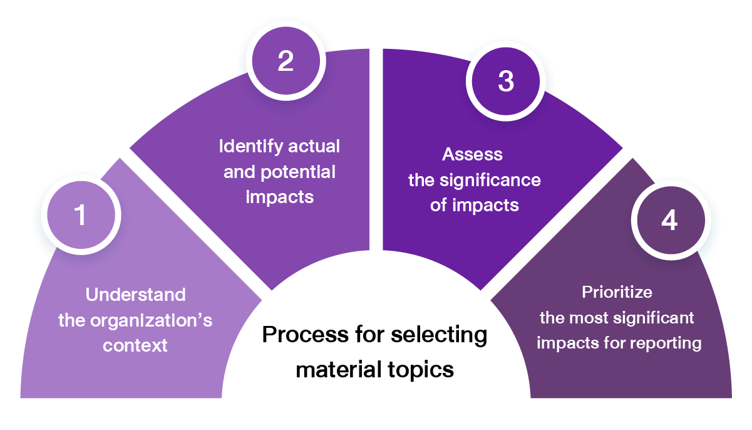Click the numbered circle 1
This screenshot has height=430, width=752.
(80, 215)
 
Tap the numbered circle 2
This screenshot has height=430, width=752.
(286, 61)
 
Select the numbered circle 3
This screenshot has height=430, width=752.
(505, 81)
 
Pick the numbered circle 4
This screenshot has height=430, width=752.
(669, 220)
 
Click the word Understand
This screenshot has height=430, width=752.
(135, 295)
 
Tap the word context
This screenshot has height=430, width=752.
(135, 345)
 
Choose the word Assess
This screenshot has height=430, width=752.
(473, 154)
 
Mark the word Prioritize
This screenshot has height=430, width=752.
(617, 292)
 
